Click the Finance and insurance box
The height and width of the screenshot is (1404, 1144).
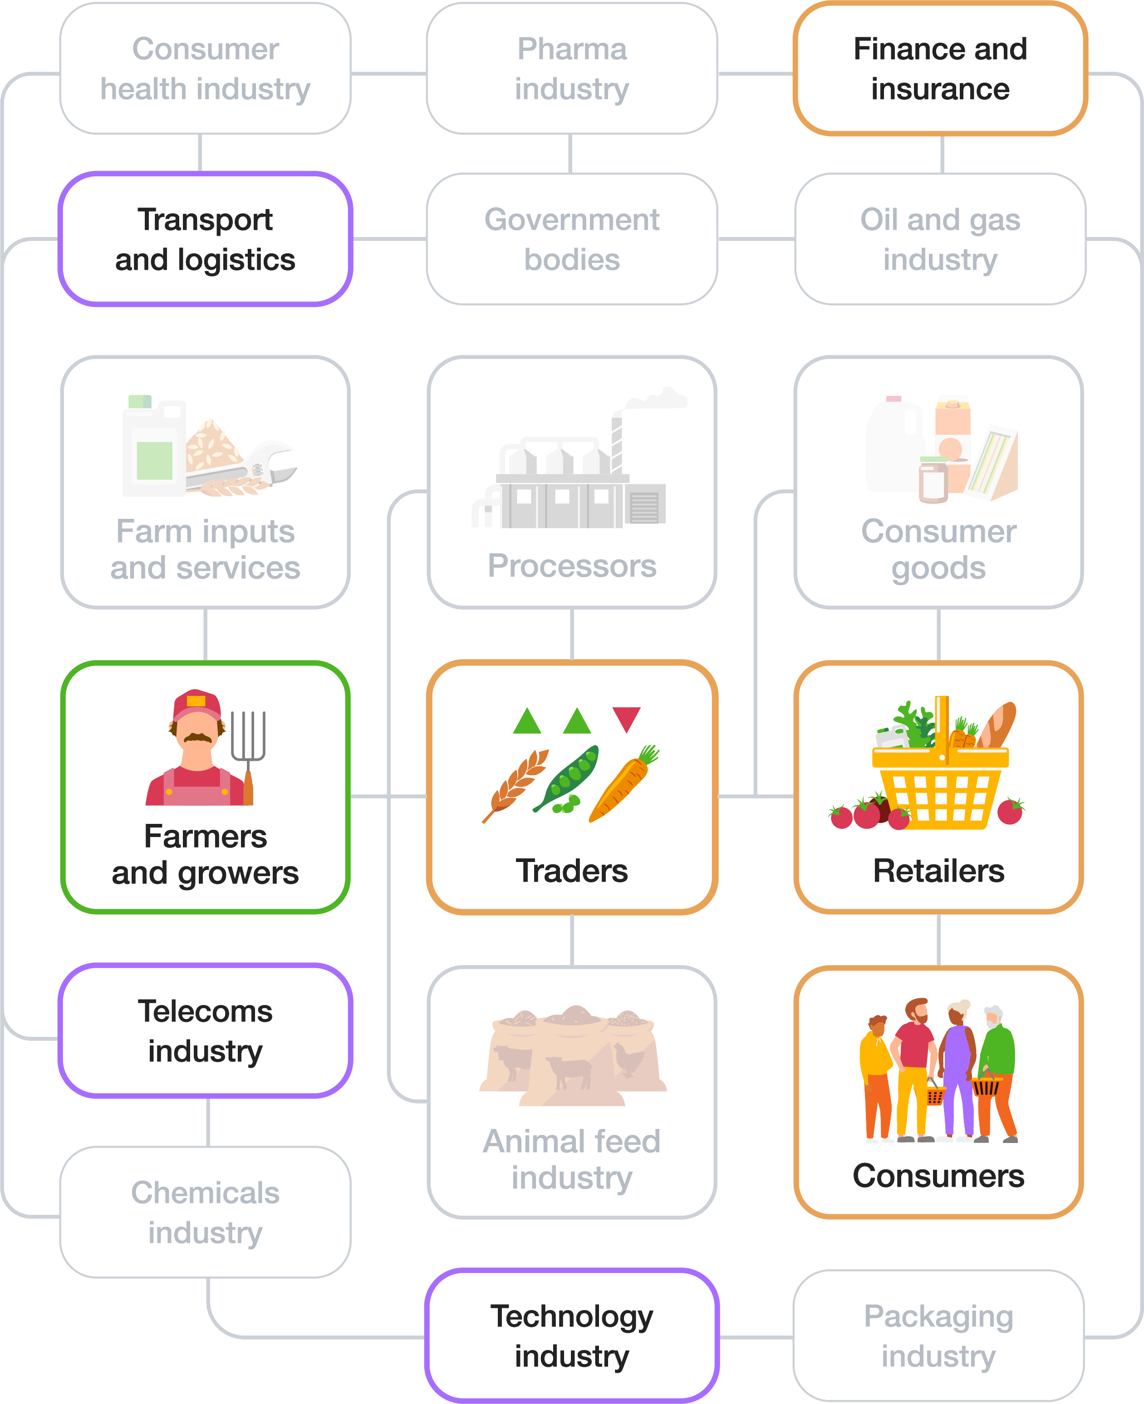[x=940, y=69]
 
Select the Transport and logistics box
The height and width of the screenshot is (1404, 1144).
[x=205, y=239]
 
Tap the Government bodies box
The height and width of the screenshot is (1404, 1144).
[x=571, y=239]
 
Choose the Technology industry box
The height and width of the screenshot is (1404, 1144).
[x=571, y=1335]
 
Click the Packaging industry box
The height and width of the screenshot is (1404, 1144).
[x=938, y=1335]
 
